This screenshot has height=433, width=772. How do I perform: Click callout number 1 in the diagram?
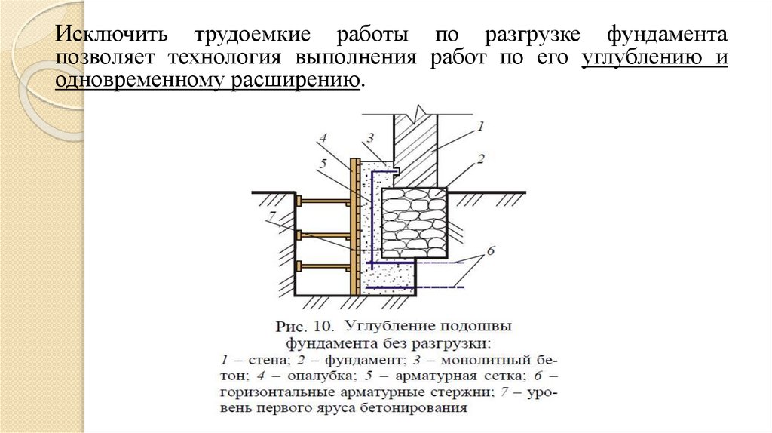click(480, 126)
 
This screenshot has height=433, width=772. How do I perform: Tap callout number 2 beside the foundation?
click(479, 158)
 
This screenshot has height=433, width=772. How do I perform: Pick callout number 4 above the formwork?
click(323, 138)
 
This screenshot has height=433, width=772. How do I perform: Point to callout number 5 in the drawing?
click(323, 162)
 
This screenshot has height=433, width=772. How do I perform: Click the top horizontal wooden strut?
click(324, 201)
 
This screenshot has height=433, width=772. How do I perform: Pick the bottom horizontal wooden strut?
click(324, 265)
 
